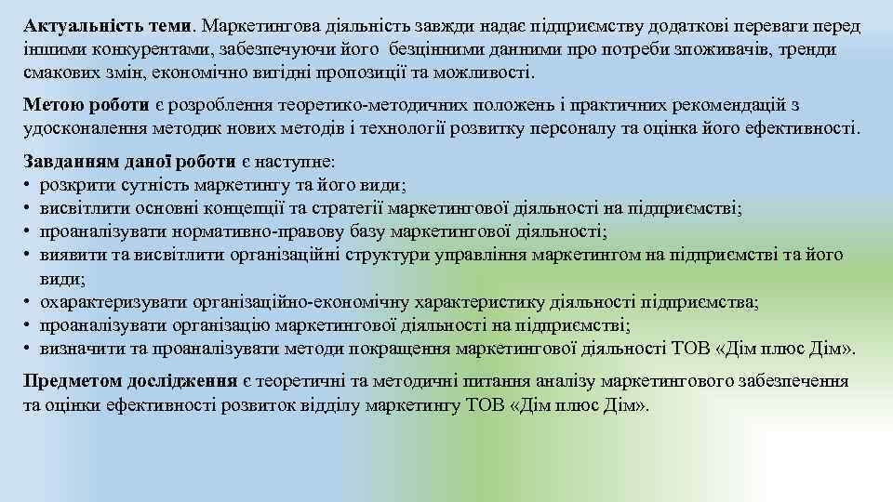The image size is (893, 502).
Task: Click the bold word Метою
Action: click(x=53, y=105)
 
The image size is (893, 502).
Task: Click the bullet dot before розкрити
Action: click(x=29, y=185)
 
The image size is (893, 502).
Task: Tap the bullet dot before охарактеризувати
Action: click(x=29, y=302)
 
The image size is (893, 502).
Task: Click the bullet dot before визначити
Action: click(x=29, y=349)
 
